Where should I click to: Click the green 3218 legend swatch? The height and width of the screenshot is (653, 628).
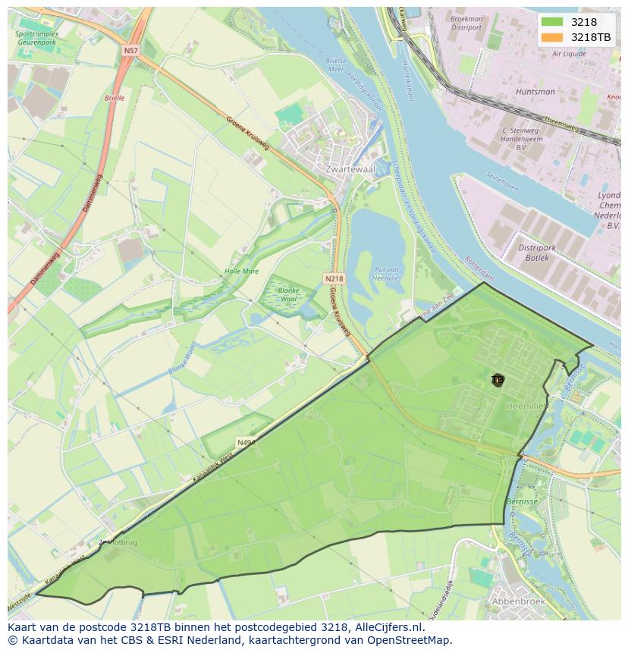552,22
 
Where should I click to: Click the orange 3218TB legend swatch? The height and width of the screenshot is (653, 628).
552,37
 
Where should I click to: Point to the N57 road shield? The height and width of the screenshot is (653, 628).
131,51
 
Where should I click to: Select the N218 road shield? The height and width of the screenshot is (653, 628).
334,279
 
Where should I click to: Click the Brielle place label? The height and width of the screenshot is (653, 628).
115,99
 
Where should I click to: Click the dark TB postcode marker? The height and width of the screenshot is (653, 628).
498,379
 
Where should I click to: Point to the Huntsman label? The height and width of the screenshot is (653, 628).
535,92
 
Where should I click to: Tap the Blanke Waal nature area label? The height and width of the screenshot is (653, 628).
288,294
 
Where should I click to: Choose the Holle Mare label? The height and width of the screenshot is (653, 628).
241,272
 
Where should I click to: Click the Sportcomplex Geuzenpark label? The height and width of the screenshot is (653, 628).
36,39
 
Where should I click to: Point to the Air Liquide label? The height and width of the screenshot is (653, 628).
569,55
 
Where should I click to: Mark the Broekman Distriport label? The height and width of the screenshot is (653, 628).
466,23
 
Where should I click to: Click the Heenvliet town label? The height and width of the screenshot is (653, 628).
526,407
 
